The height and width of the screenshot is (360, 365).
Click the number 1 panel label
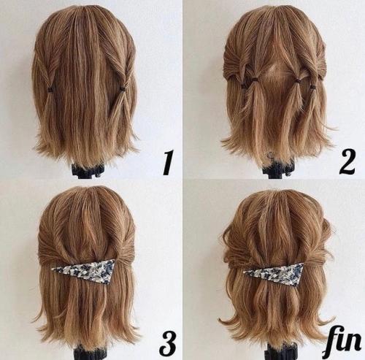pos(168,163)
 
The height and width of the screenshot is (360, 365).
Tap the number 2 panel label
pos(347,162)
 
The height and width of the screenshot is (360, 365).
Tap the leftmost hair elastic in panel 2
pos(243,85)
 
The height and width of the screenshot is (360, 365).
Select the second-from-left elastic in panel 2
pos(255,80)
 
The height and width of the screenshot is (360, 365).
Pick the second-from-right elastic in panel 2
pos(297,80)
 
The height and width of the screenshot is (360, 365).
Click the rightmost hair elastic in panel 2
pos(313,86)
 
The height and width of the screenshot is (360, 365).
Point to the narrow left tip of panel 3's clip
pos(53,269)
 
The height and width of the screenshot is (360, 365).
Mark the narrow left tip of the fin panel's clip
pos(243,272)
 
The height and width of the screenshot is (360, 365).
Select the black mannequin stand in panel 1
pos(85,170)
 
